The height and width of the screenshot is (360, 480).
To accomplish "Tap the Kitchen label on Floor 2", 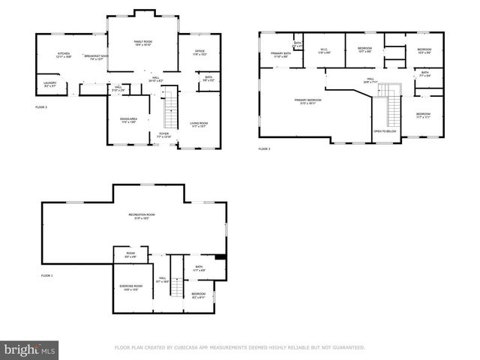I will (64, 55).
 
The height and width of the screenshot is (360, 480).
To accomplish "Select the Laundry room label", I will (50, 85).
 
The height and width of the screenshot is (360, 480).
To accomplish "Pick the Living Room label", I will (199, 124).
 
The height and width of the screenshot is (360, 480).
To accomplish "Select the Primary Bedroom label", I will (307, 100).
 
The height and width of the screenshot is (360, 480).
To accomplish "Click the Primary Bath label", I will (282, 54).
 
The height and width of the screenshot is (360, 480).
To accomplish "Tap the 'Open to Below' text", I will (384, 131).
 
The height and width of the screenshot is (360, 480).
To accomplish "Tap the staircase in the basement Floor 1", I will (176, 277).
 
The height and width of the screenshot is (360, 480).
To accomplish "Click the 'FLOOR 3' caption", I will (265, 149).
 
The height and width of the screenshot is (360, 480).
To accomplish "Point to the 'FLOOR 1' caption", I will (46, 276).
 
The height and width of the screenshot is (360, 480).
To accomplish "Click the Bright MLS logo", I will (30, 349).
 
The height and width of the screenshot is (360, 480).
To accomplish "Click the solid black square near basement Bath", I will (219, 259).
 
